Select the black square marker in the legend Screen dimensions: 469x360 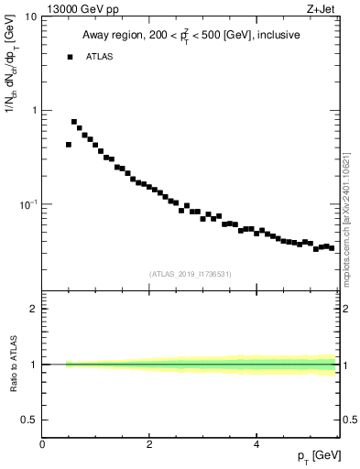point(70,57)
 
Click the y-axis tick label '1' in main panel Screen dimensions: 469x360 point(34,111)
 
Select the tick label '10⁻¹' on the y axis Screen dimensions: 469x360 point(27,203)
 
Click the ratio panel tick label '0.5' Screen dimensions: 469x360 point(30,420)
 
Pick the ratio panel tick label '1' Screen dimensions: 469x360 point(34,365)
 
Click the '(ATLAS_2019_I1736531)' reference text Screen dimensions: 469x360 point(191,274)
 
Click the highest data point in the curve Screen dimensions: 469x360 point(74,121)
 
